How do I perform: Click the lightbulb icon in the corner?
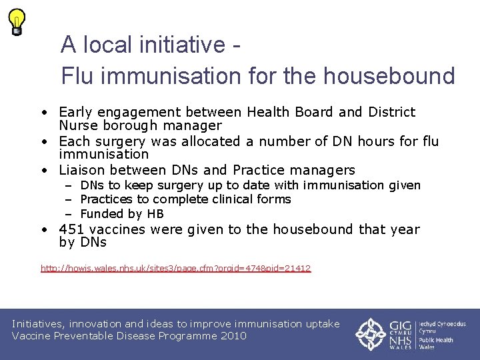[x=17, y=21]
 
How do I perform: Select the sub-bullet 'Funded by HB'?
[x=121, y=214]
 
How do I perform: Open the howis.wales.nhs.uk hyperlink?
[x=175, y=269]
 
